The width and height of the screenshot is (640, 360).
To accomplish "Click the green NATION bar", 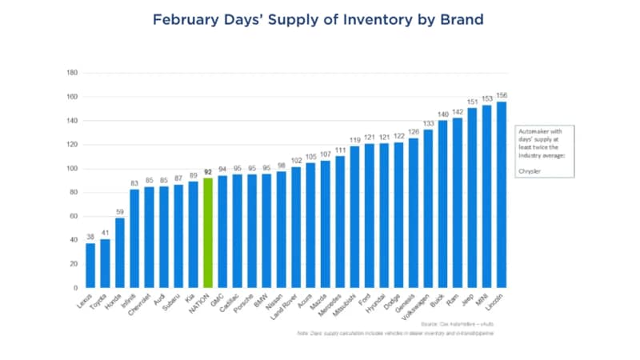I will tap(208, 232).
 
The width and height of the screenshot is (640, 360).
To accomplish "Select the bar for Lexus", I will tap(90, 265).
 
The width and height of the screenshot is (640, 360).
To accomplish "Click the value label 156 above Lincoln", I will tap(502, 95).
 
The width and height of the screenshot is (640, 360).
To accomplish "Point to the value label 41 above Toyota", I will tap(105, 233).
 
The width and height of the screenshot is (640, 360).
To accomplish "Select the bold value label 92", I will tap(208, 172).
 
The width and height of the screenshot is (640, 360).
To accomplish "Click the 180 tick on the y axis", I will tap(71, 73).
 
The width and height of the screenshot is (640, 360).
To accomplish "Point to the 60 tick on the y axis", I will tap(73, 216).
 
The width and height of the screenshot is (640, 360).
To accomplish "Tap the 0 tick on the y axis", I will tap(75, 288).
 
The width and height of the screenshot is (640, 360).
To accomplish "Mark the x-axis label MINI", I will tap(483, 298).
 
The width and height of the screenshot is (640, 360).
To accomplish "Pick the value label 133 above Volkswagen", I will tap(428, 123).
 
